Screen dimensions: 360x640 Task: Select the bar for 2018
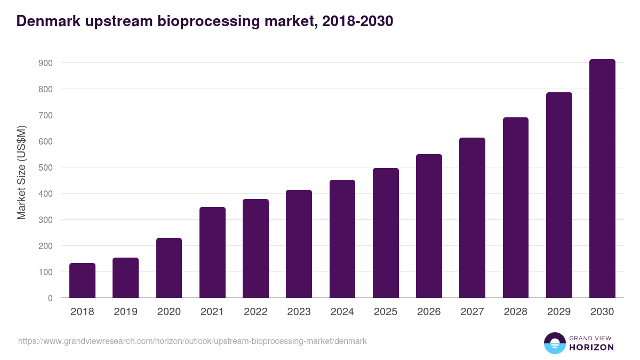coord(82,281)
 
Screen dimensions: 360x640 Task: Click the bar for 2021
coord(212,252)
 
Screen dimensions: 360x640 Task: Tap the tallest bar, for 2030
coord(602,179)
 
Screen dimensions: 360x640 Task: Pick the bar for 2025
coord(386,233)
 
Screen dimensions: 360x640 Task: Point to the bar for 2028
coord(516,207)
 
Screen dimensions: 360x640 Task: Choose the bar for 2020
coord(169,268)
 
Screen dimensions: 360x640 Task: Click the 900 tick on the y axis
coord(45,63)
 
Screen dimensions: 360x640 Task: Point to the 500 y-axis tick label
coord(45,167)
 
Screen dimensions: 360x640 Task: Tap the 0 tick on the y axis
coord(50,298)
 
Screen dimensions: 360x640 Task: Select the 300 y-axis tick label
coord(45,220)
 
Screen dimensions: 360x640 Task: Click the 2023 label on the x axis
coord(299,312)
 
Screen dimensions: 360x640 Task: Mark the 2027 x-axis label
coord(472,312)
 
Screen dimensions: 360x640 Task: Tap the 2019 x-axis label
coord(125,312)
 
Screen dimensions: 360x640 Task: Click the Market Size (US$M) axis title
coord(21,172)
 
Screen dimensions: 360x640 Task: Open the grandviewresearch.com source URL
coord(193,341)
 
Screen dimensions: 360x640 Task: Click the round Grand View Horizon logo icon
coord(554,343)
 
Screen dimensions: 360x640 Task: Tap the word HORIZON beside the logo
coord(591,347)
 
